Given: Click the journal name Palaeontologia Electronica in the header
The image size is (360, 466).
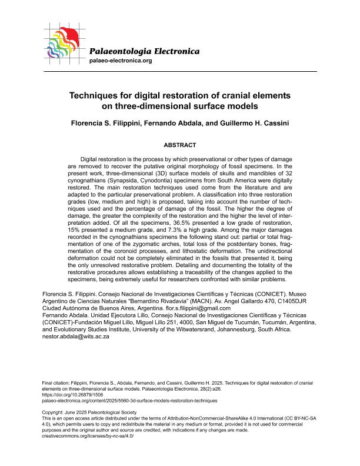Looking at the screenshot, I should coord(144,51).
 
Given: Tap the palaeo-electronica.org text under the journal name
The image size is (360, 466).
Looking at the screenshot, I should coord(120,61).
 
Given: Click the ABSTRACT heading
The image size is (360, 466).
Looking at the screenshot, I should coord(180,145).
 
